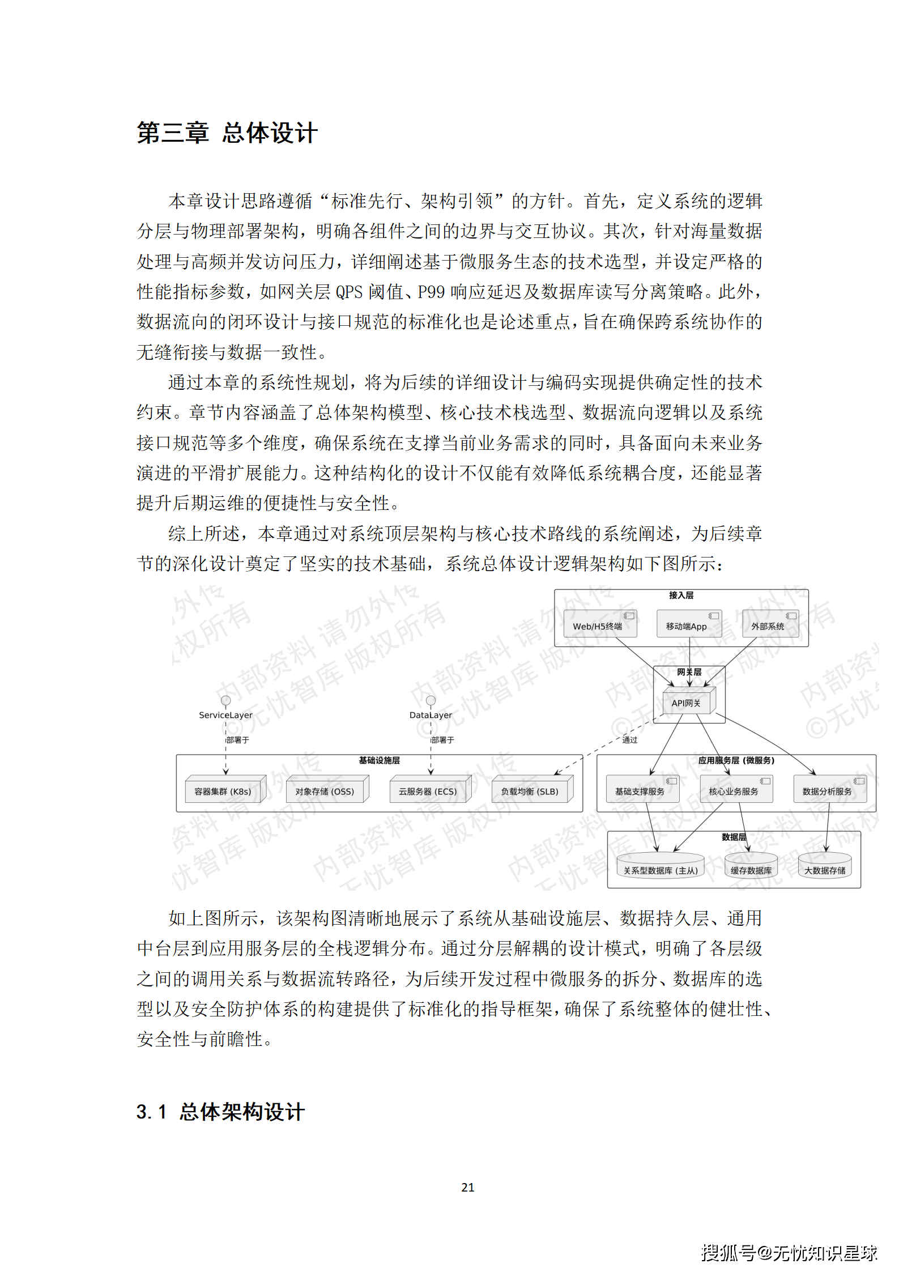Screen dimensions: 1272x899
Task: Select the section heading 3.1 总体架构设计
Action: (x=220, y=1112)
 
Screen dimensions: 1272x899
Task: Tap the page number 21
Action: (x=467, y=1187)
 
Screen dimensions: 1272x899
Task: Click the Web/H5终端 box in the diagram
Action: (x=598, y=626)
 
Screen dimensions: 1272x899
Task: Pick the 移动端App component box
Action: (x=686, y=626)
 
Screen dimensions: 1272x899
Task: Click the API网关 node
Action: (x=687, y=703)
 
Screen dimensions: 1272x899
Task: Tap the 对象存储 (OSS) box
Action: (x=325, y=791)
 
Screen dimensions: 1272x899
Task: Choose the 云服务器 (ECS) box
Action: (x=428, y=791)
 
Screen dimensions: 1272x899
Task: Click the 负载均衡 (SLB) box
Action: (x=530, y=791)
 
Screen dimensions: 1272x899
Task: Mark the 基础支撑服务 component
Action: (x=640, y=791)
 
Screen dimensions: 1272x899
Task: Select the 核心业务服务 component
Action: (x=734, y=791)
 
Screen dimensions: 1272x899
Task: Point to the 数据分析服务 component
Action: (x=827, y=791)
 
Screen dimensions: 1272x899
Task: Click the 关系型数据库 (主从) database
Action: (x=661, y=870)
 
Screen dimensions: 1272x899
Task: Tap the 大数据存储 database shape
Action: (x=825, y=870)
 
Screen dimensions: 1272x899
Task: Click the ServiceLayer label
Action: (x=225, y=715)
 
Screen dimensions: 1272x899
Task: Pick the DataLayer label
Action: (x=431, y=715)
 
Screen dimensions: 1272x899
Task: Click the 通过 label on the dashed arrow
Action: (x=630, y=740)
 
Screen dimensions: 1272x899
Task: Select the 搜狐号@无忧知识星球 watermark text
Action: (x=789, y=1252)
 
